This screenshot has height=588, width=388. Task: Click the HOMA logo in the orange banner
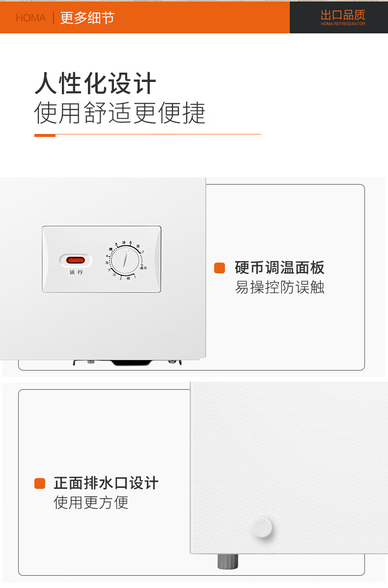click(x=30, y=18)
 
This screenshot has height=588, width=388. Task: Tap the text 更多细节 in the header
click(x=87, y=18)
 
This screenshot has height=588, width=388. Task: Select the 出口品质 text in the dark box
click(x=343, y=15)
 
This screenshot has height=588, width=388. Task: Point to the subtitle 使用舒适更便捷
click(x=120, y=113)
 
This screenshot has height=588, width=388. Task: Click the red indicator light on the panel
click(x=76, y=260)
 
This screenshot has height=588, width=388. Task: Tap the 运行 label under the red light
click(x=76, y=272)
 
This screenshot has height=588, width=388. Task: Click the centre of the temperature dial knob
click(x=124, y=260)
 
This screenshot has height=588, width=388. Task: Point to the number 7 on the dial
click(x=142, y=252)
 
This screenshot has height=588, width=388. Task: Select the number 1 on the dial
click(x=135, y=277)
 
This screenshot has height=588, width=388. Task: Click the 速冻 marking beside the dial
click(x=143, y=267)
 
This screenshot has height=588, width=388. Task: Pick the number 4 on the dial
click(x=107, y=256)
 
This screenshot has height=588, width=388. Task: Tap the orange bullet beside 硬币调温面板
click(x=220, y=268)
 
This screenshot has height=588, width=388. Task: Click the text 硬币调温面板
click(x=279, y=268)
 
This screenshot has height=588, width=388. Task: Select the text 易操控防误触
click(x=279, y=287)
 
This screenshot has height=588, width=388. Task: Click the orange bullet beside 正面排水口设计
click(x=40, y=483)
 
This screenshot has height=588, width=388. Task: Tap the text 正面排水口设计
click(x=106, y=483)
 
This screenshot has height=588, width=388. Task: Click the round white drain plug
click(x=262, y=528)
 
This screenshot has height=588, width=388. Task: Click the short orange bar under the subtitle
click(x=45, y=135)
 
